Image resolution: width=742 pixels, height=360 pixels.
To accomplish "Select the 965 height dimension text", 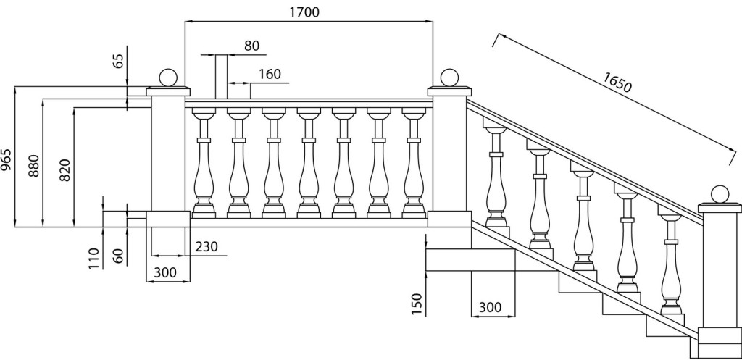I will [x=7, y=158].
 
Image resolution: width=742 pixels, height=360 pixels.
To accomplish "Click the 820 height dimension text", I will [x=65, y=168].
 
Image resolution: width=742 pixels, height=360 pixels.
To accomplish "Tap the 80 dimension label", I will [x=251, y=46].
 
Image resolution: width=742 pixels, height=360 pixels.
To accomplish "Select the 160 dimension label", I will [x=269, y=75].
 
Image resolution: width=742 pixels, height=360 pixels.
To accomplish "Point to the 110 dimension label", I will [x=94, y=257].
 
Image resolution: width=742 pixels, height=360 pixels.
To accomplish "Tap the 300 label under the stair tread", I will [x=491, y=307].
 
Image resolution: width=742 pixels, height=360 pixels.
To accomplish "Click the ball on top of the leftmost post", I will [x=168, y=78].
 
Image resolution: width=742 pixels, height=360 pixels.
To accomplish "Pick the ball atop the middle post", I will [x=449, y=78].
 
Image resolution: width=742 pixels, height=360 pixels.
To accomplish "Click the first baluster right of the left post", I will [x=204, y=163].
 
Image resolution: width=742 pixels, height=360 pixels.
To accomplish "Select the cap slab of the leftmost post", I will [x=168, y=91].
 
